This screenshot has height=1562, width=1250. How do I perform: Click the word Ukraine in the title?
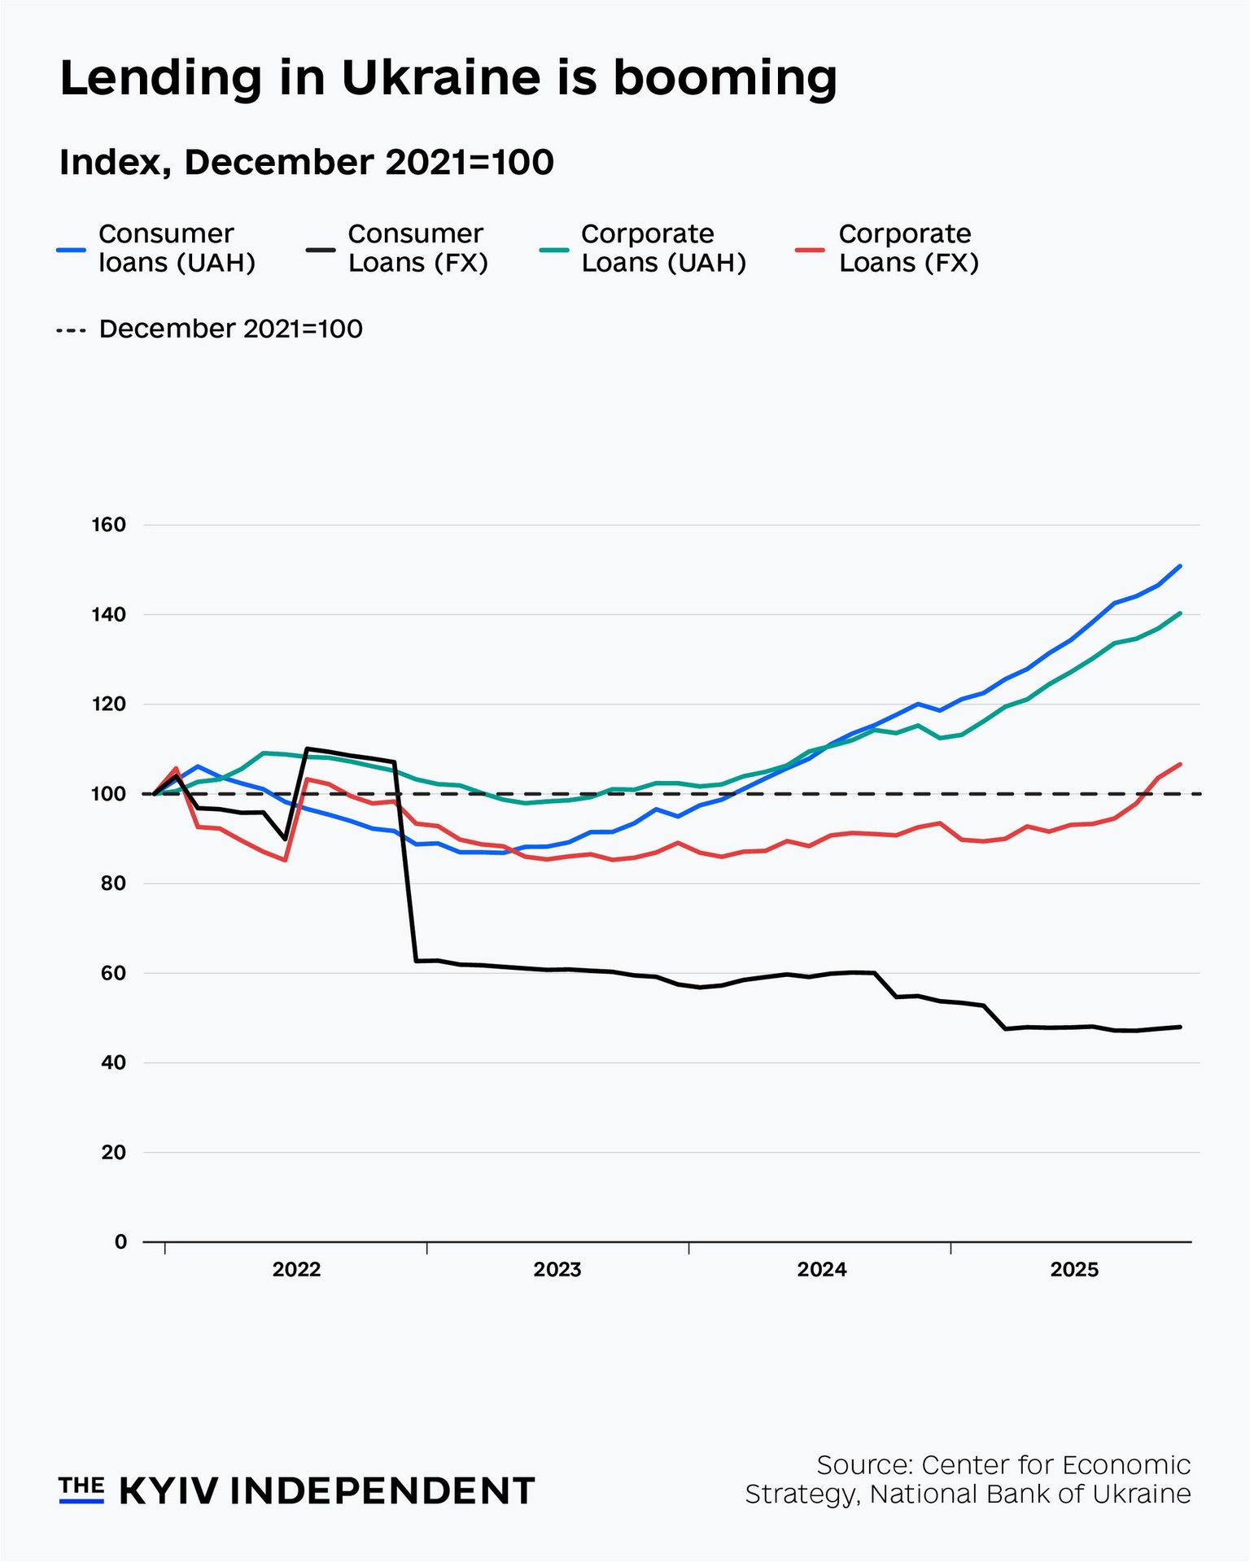[x=439, y=79]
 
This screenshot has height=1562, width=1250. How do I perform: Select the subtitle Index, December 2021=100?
[x=306, y=162]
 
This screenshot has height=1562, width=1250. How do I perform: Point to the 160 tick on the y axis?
[x=110, y=525]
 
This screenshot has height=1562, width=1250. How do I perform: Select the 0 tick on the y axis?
[x=120, y=1241]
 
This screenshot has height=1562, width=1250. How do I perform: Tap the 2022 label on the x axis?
[x=296, y=1270]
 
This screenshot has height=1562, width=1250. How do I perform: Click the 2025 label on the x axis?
[x=1074, y=1270]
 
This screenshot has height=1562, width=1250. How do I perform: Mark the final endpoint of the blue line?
[x=1180, y=566]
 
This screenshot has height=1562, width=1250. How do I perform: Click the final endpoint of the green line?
[x=1180, y=613]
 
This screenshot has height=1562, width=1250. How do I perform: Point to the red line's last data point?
[x=1180, y=764]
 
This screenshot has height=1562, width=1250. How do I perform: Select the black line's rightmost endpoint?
[x=1180, y=1027]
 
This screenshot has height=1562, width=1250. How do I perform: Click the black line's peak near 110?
[x=307, y=748]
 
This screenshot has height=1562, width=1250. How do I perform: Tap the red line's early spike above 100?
[x=177, y=768]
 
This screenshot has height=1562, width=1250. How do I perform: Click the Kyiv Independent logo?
[x=296, y=1491]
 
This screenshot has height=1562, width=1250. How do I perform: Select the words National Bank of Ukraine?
[x=1029, y=1494]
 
